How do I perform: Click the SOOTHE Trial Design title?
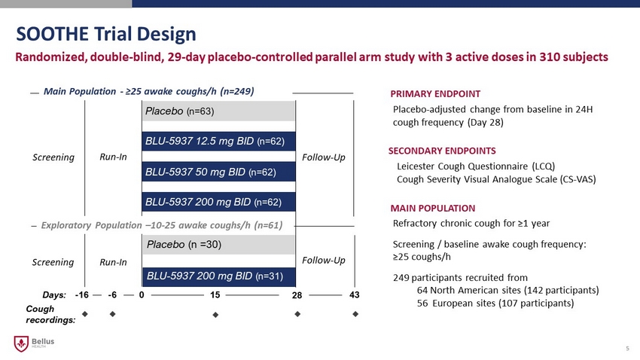point(106,34)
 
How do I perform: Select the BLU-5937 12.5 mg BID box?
point(218,142)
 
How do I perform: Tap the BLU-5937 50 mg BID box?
point(218,172)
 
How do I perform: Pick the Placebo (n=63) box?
point(218,111)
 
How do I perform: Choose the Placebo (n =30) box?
point(218,245)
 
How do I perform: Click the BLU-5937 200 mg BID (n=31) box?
point(218,276)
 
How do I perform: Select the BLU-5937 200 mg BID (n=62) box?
point(218,202)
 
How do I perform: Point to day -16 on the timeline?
point(81,295)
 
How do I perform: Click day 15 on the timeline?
point(215,295)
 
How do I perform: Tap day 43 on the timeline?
point(355,295)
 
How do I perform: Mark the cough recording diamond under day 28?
point(297,314)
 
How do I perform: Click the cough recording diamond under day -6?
point(113,314)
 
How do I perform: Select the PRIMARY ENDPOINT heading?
point(435,94)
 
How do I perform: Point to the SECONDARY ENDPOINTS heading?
point(442,151)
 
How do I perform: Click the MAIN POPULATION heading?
point(433,208)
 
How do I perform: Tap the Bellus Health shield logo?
point(21,343)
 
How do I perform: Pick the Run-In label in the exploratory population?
point(113,262)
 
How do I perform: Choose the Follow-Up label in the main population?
point(324,157)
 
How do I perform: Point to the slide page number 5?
point(627,348)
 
